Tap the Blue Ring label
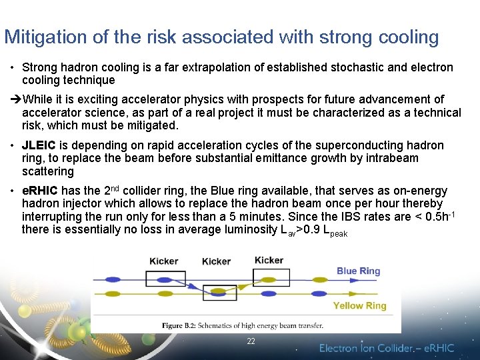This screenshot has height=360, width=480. tap(358, 271)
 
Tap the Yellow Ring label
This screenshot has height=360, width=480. tap(359, 306)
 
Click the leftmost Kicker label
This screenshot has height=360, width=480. tap(163, 261)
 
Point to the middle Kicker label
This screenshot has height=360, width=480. tap(216, 261)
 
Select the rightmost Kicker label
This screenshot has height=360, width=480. tap(269, 260)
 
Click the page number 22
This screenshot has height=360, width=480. tap(251, 341)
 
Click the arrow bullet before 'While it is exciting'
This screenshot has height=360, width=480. tap(15, 99)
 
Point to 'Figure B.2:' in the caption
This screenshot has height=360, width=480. tap(183, 325)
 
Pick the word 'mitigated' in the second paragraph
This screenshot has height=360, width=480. tap(153, 125)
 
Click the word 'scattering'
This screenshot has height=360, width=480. tap(48, 171)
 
